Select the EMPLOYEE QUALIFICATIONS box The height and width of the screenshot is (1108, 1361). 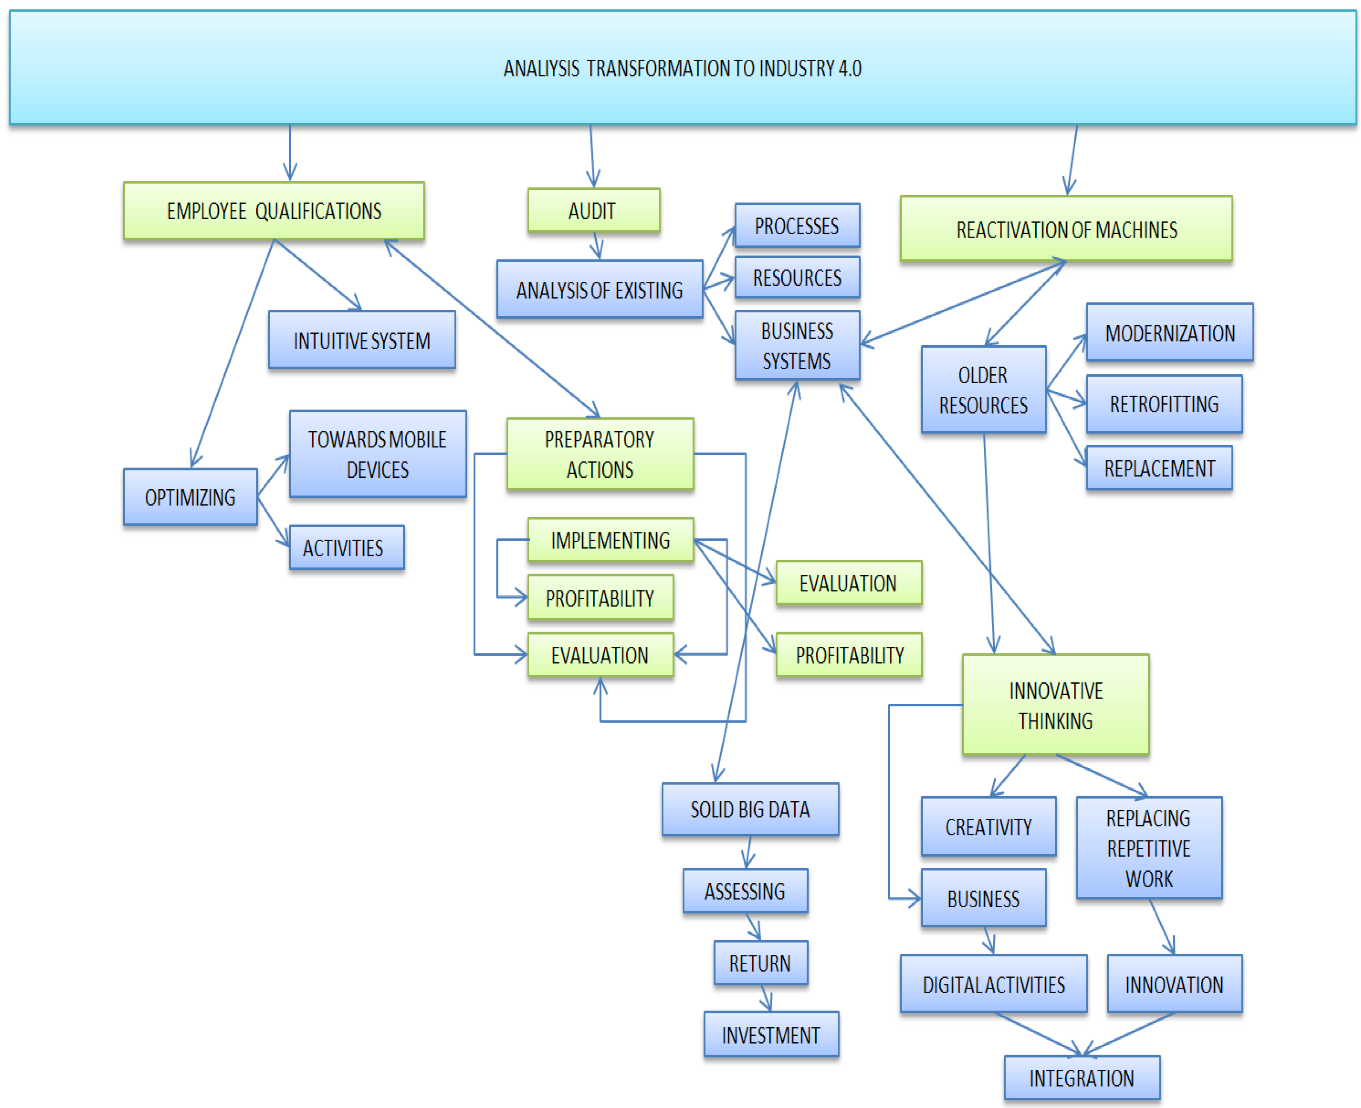click(x=274, y=211)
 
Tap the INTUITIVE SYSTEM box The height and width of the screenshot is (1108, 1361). click(x=362, y=340)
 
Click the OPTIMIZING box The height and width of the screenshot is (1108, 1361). click(x=190, y=497)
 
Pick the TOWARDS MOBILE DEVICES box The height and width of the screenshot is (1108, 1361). click(x=377, y=454)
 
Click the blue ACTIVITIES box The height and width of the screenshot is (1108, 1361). click(x=346, y=547)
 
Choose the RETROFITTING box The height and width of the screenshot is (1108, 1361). click(x=1163, y=403)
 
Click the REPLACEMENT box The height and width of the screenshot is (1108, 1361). click(x=1159, y=468)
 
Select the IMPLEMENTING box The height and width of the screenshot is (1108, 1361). click(x=610, y=540)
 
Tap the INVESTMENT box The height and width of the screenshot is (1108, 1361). click(x=770, y=1034)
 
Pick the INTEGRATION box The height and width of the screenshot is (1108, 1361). click(x=1082, y=1077)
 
